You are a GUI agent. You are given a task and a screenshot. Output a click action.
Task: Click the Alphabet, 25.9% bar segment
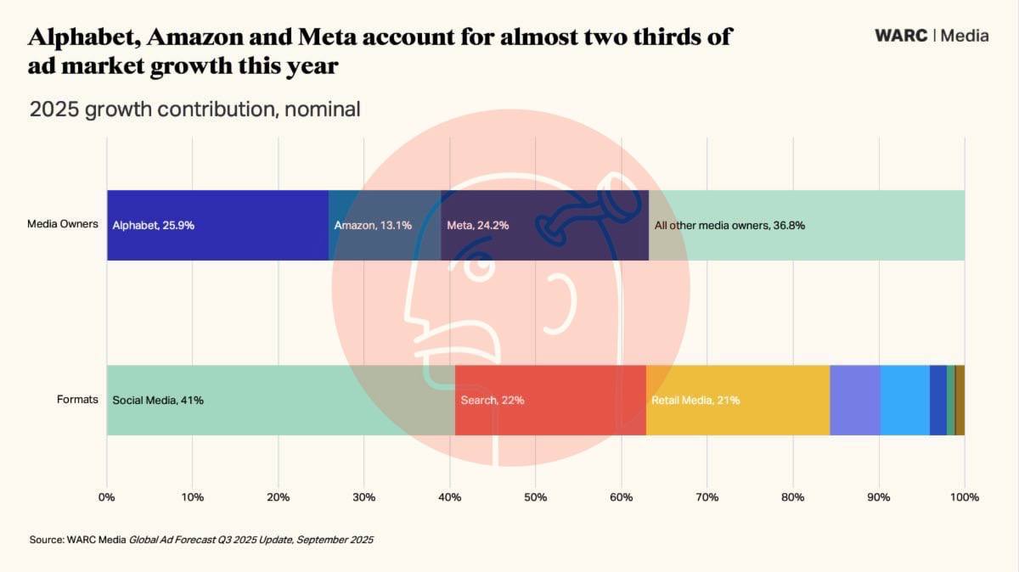(217, 225)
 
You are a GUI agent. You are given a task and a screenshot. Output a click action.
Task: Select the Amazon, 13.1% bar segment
(384, 225)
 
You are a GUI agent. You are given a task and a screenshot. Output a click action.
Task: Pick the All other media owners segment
(807, 225)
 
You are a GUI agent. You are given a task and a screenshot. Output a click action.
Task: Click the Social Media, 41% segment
(280, 400)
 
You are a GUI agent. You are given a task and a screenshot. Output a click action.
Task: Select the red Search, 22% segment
(550, 400)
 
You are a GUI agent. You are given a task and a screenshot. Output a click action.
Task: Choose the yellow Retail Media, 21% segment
(737, 400)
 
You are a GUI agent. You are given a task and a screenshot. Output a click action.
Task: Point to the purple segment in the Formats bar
(854, 400)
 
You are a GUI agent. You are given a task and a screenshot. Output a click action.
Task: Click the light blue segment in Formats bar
(904, 400)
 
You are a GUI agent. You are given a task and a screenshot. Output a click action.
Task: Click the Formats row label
(78, 400)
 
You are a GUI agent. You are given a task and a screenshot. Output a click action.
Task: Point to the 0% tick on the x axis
(107, 496)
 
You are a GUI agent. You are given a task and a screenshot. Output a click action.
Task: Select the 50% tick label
(535, 496)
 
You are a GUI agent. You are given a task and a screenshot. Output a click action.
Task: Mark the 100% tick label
(965, 496)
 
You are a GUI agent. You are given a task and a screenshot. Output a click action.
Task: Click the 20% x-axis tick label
(279, 496)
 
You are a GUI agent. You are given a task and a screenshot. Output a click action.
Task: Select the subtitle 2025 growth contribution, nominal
(194, 109)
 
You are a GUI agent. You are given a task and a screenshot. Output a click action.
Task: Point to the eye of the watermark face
(478, 266)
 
